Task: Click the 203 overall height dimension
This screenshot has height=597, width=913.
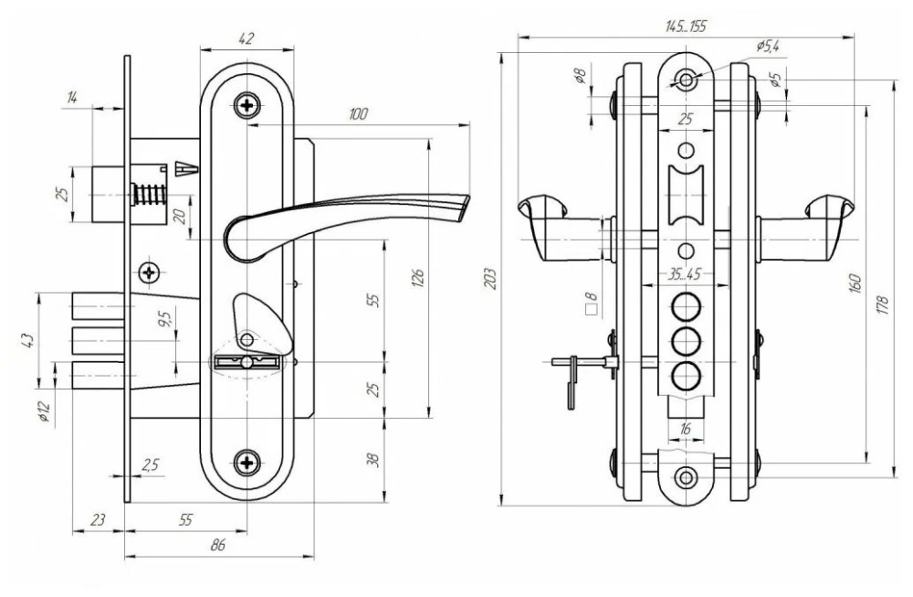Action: point(490,277)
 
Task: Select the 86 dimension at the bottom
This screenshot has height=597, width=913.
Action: point(217,545)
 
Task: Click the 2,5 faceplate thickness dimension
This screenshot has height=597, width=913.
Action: point(151,464)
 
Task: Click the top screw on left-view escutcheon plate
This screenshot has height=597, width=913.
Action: point(247,106)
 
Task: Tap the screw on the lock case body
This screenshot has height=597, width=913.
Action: point(150,272)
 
